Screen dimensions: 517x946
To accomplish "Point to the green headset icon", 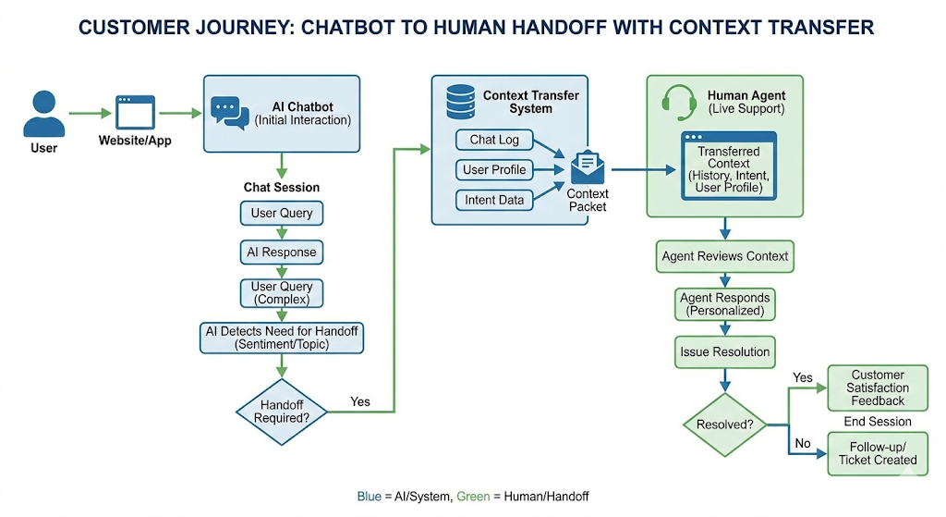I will point(680,102).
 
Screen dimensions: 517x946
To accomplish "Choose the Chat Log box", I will point(494,140).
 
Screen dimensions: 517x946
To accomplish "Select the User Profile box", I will point(494,169).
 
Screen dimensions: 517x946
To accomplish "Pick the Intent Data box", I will point(494,199).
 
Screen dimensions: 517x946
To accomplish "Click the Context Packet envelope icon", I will point(587,167).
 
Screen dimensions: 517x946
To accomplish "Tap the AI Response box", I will point(282,252).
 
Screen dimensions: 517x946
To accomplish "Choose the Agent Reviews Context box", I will point(725,256).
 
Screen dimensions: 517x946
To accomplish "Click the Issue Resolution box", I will point(725,351).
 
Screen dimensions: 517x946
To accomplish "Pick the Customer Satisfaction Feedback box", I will point(877,388).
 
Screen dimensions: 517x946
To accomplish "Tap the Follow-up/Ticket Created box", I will point(877,453).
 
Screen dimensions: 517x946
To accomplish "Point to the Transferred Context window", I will point(724,166).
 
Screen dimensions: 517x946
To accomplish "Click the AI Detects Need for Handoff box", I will point(281,338).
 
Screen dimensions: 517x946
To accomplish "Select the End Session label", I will point(877,422).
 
